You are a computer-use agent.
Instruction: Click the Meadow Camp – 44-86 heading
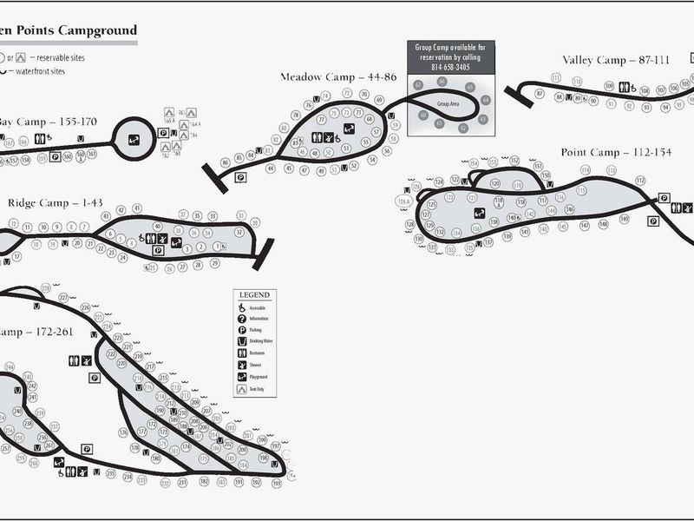(338, 77)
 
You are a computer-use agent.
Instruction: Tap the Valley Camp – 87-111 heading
(616, 60)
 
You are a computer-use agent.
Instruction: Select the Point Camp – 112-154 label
(616, 152)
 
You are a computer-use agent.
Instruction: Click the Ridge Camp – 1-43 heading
(56, 203)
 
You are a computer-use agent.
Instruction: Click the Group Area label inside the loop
(448, 103)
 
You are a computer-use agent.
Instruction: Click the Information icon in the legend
(243, 319)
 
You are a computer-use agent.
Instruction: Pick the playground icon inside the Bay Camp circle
(134, 139)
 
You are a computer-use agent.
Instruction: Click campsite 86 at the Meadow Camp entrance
(226, 162)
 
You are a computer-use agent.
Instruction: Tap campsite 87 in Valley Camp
(540, 94)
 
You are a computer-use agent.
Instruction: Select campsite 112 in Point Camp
(640, 180)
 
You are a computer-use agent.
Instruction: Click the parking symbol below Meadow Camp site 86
(240, 176)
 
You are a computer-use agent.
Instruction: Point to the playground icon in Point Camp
(478, 213)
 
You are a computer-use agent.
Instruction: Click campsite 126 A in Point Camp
(402, 201)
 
